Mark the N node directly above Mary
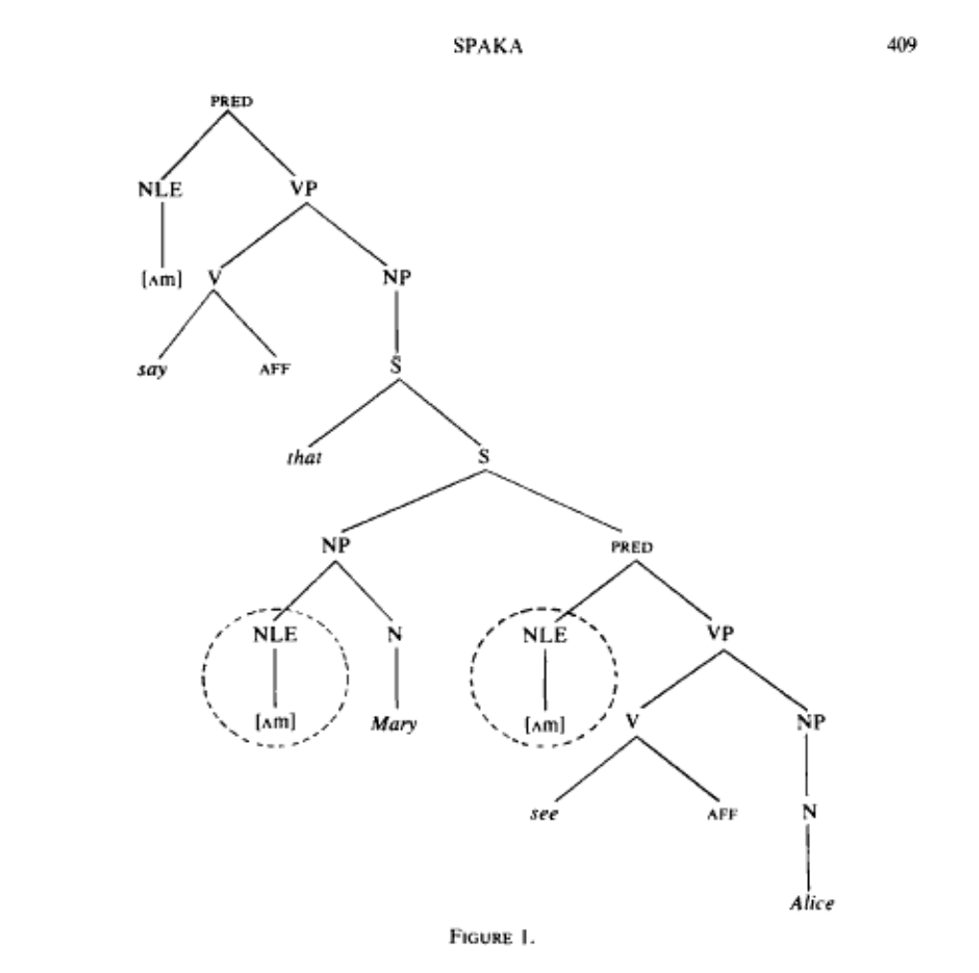click(x=394, y=634)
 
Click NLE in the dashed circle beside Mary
click(x=275, y=634)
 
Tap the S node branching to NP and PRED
click(x=484, y=457)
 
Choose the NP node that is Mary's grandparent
click(x=336, y=545)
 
